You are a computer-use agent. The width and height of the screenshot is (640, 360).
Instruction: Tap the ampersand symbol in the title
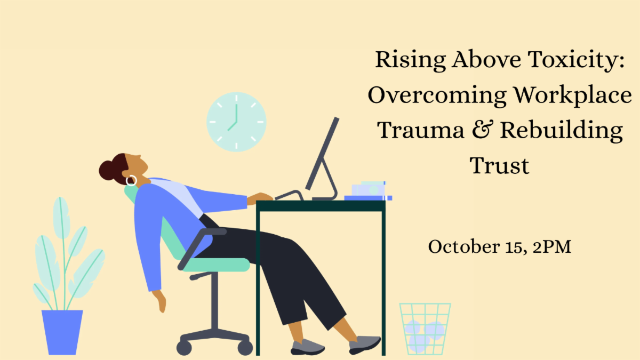[483, 130]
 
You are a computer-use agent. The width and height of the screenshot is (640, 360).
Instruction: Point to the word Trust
[499, 166]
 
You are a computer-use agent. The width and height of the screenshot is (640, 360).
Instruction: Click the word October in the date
[464, 246]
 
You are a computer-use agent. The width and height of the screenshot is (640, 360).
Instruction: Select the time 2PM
[551, 246]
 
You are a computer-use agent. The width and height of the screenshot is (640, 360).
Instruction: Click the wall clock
[236, 122]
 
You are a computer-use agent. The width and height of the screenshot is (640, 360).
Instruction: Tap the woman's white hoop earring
[131, 181]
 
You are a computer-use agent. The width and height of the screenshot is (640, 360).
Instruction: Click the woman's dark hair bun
[107, 170]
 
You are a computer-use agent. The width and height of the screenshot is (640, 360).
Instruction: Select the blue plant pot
[62, 332]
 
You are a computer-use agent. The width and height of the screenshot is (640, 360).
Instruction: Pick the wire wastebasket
[425, 329]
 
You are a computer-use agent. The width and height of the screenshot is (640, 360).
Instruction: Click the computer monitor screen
[322, 154]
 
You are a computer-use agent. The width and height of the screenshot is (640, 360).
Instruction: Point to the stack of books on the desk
[368, 191]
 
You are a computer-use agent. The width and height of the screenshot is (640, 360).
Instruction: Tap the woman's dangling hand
[159, 301]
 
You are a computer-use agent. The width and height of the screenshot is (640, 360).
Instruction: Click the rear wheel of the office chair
[183, 347]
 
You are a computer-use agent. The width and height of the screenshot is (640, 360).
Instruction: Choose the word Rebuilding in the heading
[561, 131]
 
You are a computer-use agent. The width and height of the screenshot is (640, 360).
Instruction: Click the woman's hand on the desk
[259, 198]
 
